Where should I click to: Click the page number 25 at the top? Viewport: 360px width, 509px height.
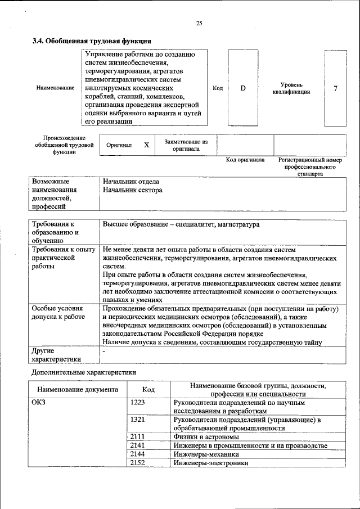coord(199,23)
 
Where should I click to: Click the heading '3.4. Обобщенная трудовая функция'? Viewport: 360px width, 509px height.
coord(91,41)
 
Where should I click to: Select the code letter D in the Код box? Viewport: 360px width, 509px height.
coord(243,88)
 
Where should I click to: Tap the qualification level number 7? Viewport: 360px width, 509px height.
coord(335,88)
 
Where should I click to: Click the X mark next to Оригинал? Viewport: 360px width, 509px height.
coord(146,145)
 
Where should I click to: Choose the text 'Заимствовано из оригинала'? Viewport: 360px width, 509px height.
coord(186,146)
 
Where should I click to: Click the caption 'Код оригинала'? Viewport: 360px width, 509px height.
coord(245,160)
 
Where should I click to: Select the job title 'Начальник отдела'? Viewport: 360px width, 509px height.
coord(131,182)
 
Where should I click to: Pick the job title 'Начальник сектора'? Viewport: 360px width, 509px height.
coord(133,190)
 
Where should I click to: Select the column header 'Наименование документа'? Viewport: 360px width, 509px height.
coord(78,389)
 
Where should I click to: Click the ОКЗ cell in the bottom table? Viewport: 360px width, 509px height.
coord(39,403)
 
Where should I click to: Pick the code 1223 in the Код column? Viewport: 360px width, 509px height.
coord(138,403)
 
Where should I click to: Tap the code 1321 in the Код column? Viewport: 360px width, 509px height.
coord(138,420)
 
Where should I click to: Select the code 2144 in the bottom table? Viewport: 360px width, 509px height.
coord(138,454)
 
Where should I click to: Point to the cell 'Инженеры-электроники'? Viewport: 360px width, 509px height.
coord(211,463)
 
